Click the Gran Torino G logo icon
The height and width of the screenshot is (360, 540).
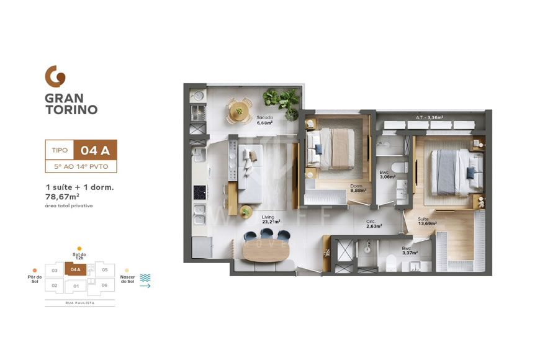tap(55, 76)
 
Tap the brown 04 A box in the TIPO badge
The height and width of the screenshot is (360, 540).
tap(95, 150)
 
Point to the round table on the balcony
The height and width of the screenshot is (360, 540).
tap(239, 111)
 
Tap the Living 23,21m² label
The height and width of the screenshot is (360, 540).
tap(271, 218)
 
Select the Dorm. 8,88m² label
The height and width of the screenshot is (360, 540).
tap(356, 188)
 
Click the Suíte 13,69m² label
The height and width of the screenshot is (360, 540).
tap(427, 220)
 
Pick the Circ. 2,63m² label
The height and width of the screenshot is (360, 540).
tap(372, 224)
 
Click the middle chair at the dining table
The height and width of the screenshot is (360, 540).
tap(266, 234)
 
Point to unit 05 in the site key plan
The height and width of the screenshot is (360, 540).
tap(105, 270)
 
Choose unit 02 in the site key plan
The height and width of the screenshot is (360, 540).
tap(55, 286)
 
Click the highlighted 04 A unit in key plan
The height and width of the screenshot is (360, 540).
tap(76, 269)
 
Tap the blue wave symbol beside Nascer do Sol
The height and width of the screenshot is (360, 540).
tap(145, 277)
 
